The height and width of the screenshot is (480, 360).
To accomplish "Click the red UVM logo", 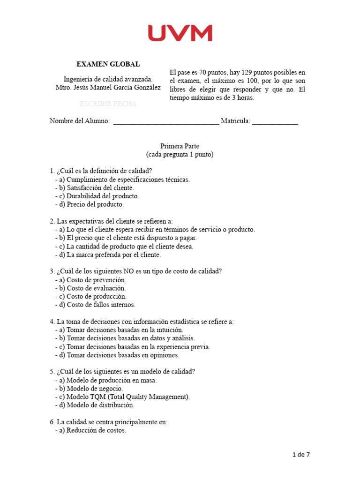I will [180, 33].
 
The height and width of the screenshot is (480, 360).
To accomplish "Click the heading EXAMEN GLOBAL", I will [108, 64].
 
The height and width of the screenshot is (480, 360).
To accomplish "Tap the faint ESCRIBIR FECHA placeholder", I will [108, 104].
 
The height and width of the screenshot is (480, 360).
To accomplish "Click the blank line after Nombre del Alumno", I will [166, 122].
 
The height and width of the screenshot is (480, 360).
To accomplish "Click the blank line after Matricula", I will [275, 122].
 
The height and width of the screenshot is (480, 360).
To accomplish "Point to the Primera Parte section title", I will [180, 146].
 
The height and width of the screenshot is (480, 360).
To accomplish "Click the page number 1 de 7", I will [301, 454].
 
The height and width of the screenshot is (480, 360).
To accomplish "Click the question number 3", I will [52, 271].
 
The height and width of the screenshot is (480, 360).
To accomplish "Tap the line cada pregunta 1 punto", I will [180, 155].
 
